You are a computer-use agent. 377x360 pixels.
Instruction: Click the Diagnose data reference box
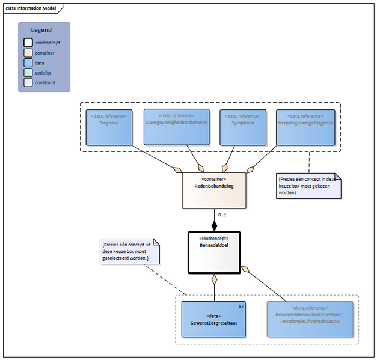(x=109, y=127)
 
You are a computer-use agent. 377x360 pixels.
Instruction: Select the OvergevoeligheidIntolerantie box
(x=177, y=127)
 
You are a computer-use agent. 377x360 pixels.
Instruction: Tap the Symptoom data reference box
(x=243, y=127)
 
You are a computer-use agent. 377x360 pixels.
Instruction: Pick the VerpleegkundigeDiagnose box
(x=305, y=127)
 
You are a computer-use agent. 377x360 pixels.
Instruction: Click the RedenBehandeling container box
(x=213, y=190)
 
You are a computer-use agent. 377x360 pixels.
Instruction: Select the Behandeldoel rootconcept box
(x=213, y=252)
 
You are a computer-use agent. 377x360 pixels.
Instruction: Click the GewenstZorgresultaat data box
(x=213, y=319)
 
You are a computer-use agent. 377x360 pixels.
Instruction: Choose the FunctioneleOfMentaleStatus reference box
(x=310, y=319)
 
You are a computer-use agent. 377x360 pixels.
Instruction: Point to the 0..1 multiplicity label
(x=222, y=215)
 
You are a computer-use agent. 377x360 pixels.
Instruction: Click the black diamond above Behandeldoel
(x=213, y=226)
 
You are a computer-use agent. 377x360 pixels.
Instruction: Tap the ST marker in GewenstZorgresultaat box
(x=240, y=306)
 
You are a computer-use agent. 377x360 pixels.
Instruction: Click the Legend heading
(x=41, y=30)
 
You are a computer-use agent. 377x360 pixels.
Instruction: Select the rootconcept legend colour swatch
(x=28, y=43)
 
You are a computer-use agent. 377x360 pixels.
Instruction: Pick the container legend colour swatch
(x=28, y=53)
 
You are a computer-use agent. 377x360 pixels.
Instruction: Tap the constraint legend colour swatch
(x=28, y=82)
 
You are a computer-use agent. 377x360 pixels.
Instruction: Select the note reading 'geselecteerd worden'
(x=130, y=251)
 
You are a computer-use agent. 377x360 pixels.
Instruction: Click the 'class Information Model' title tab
(x=30, y=7)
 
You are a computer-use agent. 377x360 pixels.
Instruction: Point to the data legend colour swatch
(x=28, y=63)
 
